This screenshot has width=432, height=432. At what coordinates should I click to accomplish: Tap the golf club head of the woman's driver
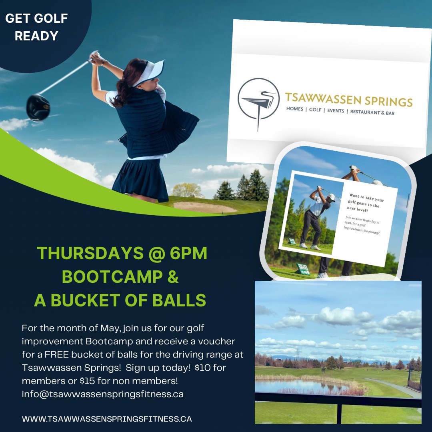[x=38, y=108]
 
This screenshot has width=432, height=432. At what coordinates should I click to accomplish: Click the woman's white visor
[x=151, y=72]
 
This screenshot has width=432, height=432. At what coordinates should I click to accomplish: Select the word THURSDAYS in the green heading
[x=90, y=253]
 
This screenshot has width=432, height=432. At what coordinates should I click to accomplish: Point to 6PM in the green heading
[x=188, y=253]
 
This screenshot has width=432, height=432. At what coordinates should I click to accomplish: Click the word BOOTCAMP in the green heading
[x=112, y=277]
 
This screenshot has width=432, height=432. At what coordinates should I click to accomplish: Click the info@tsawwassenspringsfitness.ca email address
[x=103, y=394]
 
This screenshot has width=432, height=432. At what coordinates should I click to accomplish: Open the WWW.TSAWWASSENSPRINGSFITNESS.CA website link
[x=107, y=419]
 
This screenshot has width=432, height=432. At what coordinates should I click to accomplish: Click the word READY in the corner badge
[x=36, y=36]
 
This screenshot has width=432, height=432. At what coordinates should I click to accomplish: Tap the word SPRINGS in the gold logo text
[x=388, y=101]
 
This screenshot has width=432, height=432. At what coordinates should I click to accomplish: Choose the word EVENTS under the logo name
[x=336, y=111]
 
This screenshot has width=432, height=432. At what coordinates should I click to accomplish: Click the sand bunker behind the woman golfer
[x=204, y=207]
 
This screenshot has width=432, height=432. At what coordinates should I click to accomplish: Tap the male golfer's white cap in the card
[x=332, y=197]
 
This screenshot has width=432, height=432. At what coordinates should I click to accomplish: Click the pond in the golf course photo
[x=300, y=386]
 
